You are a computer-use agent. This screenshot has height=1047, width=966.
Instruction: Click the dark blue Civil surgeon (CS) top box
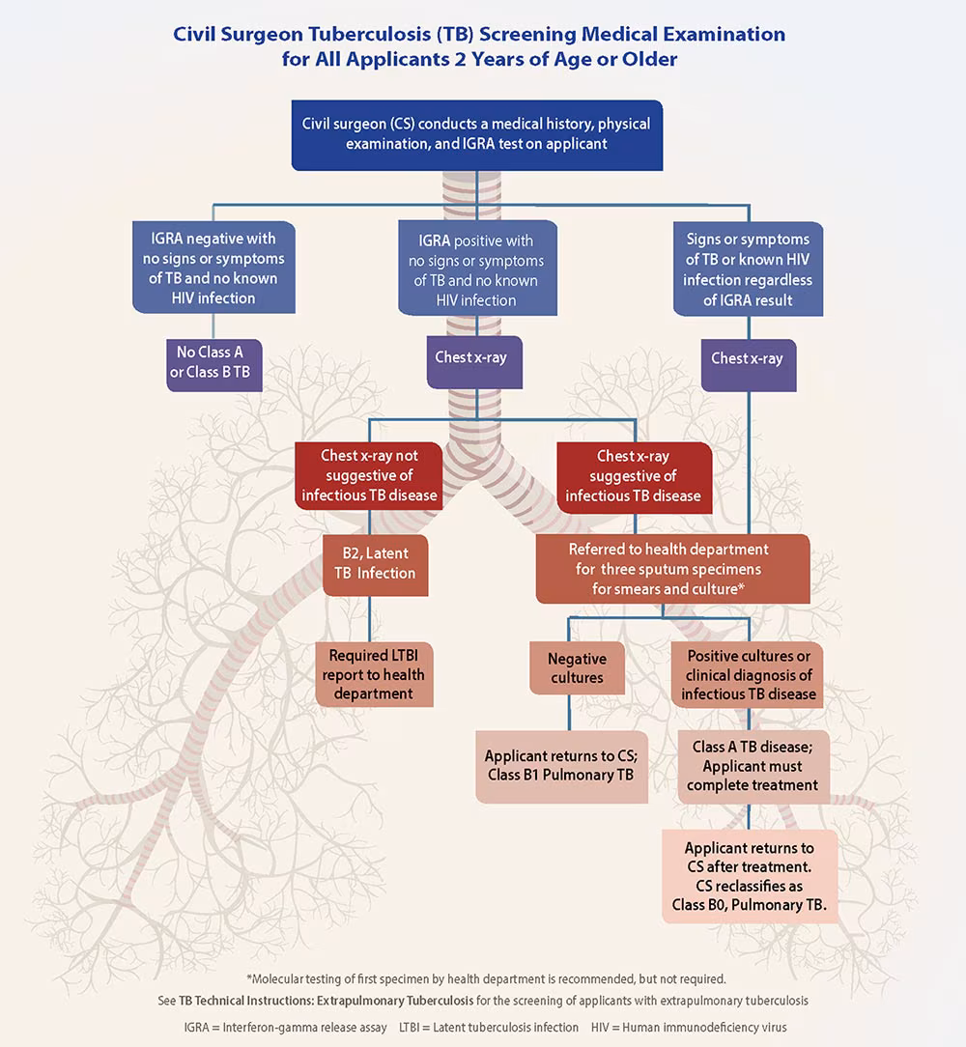pyautogui.click(x=476, y=135)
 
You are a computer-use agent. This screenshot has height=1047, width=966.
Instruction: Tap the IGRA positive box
pyautogui.click(x=477, y=269)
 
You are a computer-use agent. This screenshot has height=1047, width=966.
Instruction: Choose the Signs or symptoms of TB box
pyautogui.click(x=748, y=269)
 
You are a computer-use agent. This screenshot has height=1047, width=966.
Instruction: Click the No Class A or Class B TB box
pyautogui.click(x=213, y=362)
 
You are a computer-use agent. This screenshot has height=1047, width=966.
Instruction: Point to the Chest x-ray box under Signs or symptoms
pyautogui.click(x=748, y=358)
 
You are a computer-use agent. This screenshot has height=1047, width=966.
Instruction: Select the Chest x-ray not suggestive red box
pyautogui.click(x=369, y=475)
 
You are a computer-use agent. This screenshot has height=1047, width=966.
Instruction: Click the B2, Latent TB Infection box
pyautogui.click(x=375, y=563)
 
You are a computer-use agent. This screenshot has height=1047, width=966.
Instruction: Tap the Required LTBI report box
pyautogui.click(x=374, y=674)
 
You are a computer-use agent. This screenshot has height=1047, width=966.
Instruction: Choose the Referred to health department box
pyautogui.click(x=672, y=569)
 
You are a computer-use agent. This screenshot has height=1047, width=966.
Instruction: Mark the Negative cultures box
pyautogui.click(x=577, y=667)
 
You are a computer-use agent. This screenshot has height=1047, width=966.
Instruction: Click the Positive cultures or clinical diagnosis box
pyautogui.click(x=748, y=674)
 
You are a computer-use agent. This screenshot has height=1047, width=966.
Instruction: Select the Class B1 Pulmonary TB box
pyautogui.click(x=560, y=766)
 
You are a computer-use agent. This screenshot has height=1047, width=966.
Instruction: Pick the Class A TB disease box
pyautogui.click(x=754, y=766)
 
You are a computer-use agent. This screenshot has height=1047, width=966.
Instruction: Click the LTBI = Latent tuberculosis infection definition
pyautogui.click(x=489, y=1027)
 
